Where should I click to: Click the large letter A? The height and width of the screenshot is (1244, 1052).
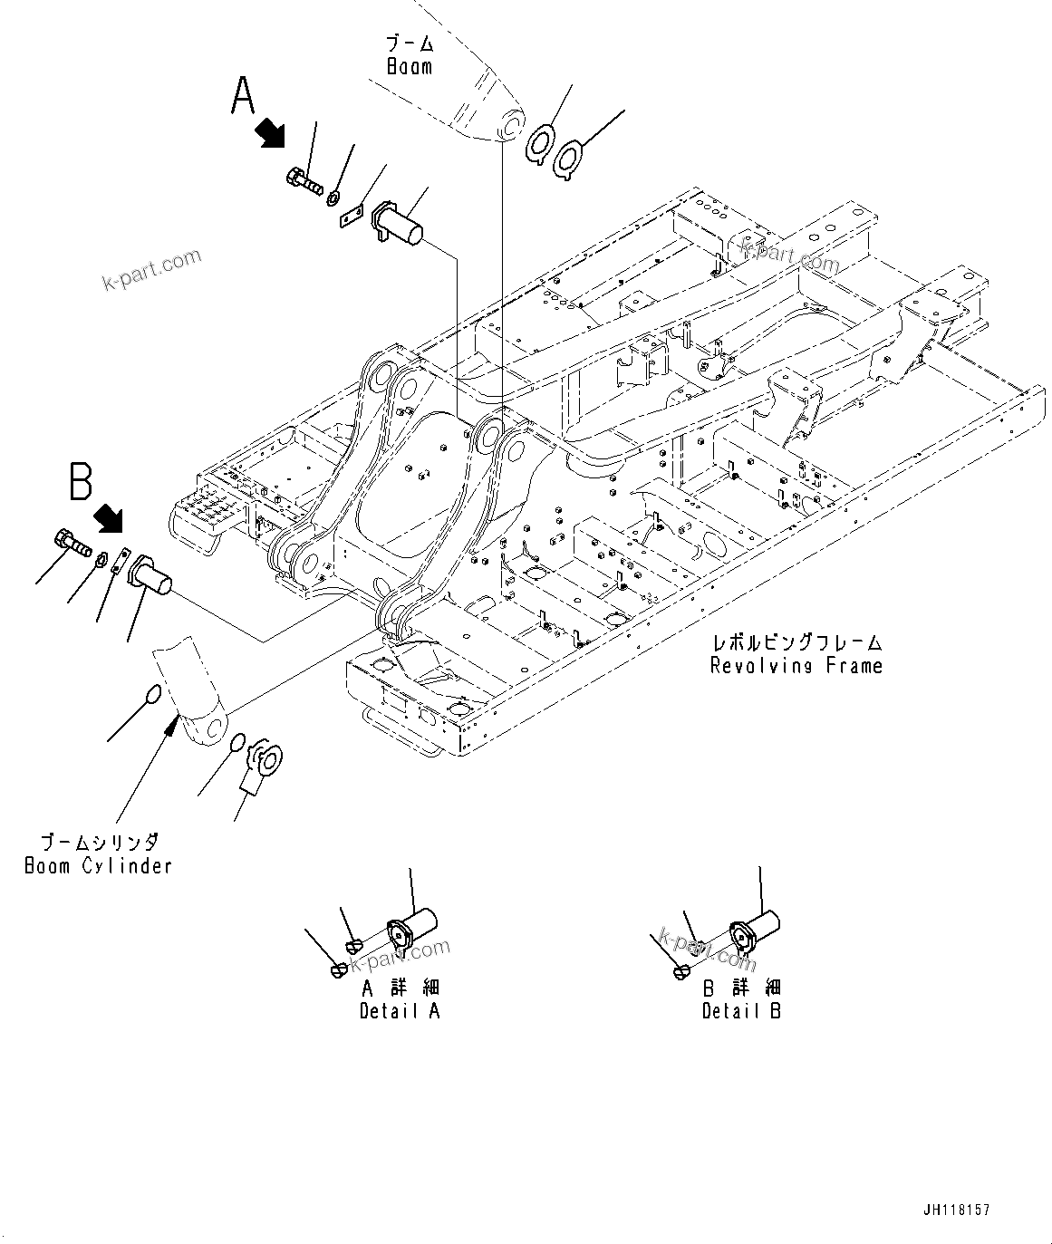tap(243, 96)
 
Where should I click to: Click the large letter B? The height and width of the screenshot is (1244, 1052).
tap(82, 481)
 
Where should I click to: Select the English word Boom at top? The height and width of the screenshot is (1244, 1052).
tap(410, 67)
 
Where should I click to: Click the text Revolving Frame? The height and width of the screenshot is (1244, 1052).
tap(796, 666)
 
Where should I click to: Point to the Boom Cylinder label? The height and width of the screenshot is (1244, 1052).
tap(98, 865)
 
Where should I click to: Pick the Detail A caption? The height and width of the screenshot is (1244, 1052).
tap(400, 1011)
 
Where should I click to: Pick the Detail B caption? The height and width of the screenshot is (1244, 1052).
tap(741, 1011)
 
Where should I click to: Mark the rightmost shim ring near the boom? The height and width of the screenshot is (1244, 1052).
tap(569, 159)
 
